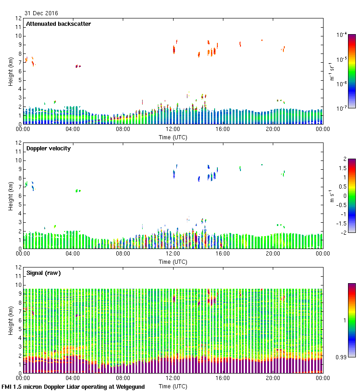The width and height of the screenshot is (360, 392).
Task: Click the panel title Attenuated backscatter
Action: coord(58,24)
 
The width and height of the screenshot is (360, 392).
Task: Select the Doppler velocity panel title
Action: coord(48,148)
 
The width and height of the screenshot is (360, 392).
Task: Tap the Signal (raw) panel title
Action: coord(43,273)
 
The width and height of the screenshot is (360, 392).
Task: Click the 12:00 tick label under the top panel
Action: coord(173,129)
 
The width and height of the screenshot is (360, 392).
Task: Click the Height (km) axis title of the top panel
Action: coord(10,71)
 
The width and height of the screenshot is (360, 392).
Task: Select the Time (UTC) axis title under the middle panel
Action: coord(173,261)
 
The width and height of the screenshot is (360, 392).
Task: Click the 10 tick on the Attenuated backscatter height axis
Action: coord(18,36)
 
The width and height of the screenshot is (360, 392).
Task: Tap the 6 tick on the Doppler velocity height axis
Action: coord(19,196)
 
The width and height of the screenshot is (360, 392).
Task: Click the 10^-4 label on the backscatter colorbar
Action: coord(342,35)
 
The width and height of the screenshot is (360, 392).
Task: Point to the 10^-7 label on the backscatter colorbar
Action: coord(342,108)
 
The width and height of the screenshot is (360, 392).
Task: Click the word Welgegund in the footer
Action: coord(130,386)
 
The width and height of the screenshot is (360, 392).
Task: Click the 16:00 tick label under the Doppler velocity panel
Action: coord(222,254)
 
